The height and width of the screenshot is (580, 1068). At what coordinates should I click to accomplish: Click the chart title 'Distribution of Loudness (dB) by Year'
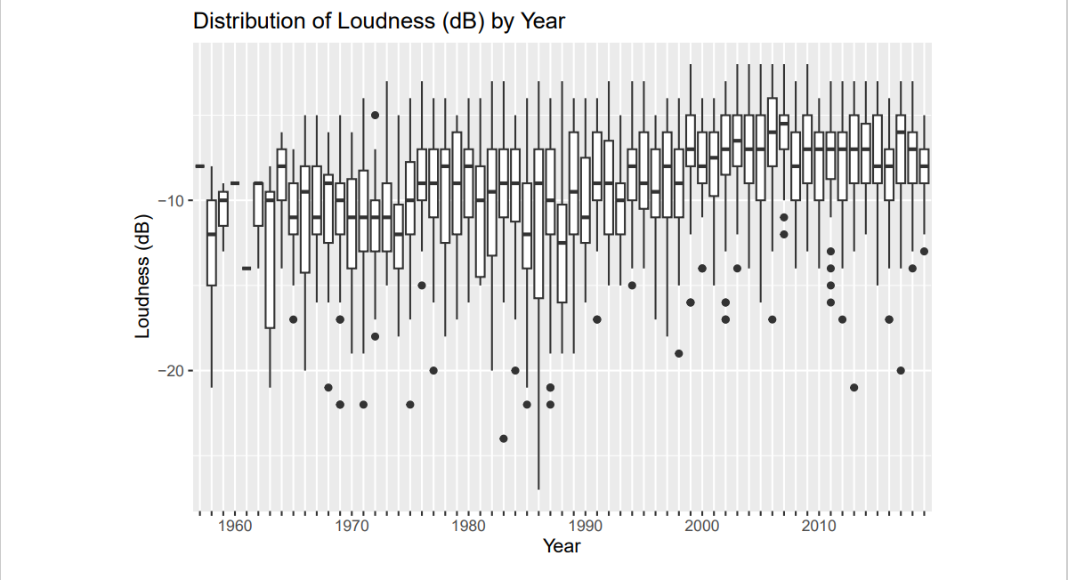[378, 21]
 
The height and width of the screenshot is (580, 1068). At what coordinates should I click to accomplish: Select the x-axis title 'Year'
[562, 546]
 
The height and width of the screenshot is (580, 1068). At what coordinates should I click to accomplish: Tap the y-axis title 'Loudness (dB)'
[142, 278]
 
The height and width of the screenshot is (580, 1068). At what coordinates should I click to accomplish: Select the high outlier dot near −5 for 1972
[376, 115]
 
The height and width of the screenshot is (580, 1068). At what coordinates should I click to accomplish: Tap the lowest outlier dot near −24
[504, 439]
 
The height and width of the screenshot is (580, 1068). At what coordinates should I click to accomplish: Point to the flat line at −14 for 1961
[247, 268]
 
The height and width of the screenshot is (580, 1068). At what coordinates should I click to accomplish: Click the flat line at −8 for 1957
[200, 166]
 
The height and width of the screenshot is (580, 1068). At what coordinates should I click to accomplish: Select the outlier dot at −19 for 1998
[679, 353]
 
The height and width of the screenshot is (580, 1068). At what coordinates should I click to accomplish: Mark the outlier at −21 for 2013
[854, 387]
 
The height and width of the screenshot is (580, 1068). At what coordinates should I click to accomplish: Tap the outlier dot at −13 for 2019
[924, 251]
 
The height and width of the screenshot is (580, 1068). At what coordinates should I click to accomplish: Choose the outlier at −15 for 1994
[632, 286]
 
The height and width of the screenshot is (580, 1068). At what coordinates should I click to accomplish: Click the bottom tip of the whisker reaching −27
[538, 488]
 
